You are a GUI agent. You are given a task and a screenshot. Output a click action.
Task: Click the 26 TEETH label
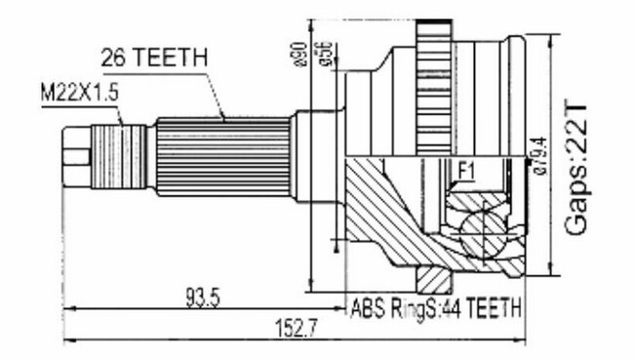(153, 58)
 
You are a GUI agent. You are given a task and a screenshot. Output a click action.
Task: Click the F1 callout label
(465, 171)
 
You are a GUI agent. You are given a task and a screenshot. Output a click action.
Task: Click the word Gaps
(578, 209)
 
